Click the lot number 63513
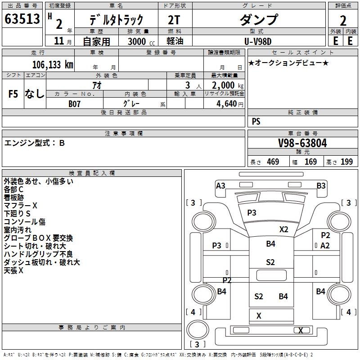click(22, 18)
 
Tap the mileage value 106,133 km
click(53, 65)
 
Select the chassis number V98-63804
click(302, 143)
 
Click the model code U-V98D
click(258, 41)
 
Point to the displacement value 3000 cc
click(141, 41)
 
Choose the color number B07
click(74, 104)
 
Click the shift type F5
click(13, 94)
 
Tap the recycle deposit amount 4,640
click(227, 104)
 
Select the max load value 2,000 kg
click(228, 85)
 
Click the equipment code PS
click(256, 121)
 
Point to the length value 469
click(273, 162)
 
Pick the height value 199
click(346, 162)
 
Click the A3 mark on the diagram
click(220, 186)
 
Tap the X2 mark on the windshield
click(284, 229)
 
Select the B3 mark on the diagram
click(321, 186)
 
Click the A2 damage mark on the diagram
click(325, 246)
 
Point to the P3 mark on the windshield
click(252, 212)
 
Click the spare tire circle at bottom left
click(198, 330)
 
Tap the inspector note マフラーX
click(20, 206)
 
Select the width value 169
click(310, 162)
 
